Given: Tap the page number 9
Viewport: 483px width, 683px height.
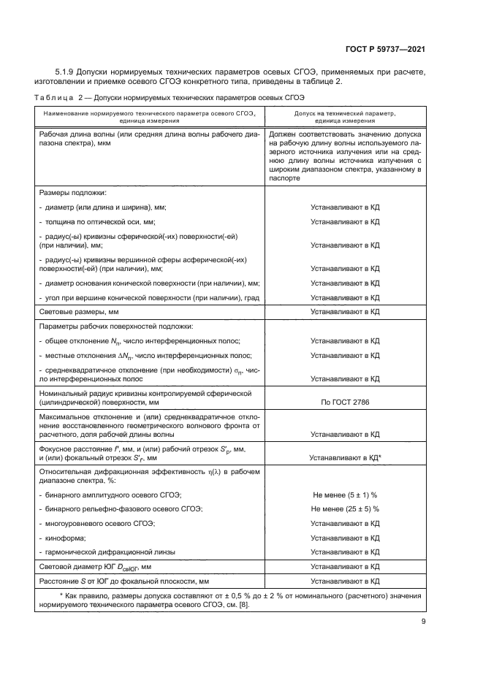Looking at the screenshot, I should [423, 622].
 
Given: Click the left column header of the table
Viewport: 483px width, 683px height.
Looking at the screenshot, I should [148, 118].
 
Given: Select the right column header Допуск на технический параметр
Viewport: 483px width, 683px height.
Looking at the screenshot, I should [345, 114].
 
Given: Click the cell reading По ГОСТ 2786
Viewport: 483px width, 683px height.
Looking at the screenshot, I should [345, 402].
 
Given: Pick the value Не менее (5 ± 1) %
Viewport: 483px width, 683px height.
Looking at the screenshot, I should [345, 495].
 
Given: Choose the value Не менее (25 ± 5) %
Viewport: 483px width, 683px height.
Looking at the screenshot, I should [345, 508].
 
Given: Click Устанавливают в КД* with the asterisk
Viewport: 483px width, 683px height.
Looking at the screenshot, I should [346, 458].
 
